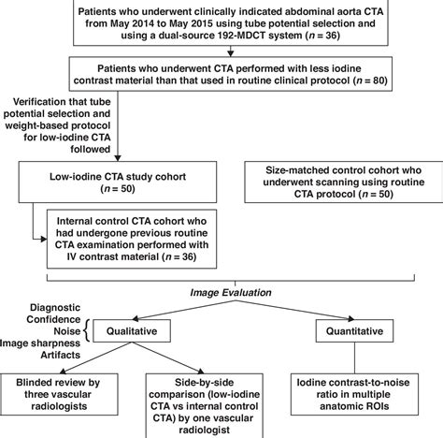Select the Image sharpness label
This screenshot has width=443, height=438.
tap(43, 343)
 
